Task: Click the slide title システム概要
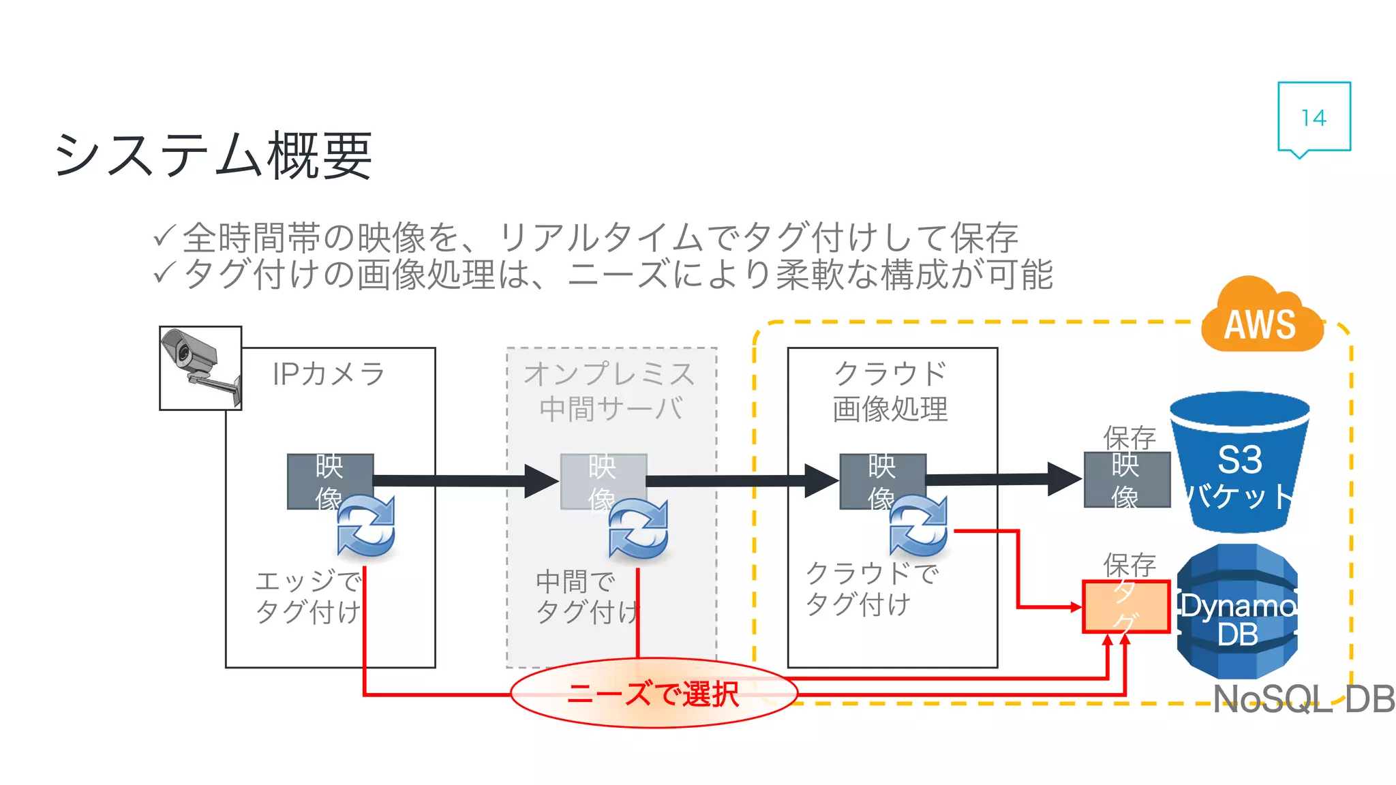(213, 155)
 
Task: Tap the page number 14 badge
(1314, 117)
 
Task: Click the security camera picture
(200, 368)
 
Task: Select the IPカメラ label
(329, 374)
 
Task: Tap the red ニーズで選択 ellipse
(653, 694)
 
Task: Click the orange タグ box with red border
(1126, 606)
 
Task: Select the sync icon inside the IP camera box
(366, 527)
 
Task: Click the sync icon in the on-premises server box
(639, 529)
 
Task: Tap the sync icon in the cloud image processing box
(918, 526)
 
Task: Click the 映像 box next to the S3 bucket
(1126, 480)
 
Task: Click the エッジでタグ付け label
(308, 597)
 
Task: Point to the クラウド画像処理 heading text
(890, 392)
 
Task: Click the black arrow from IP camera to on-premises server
(464, 481)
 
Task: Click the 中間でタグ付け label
(586, 597)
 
